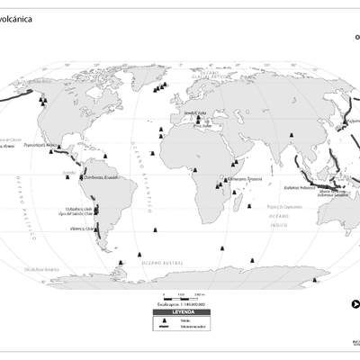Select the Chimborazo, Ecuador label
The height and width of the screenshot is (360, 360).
(100, 178)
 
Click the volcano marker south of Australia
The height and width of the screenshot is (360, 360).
(314, 281)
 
